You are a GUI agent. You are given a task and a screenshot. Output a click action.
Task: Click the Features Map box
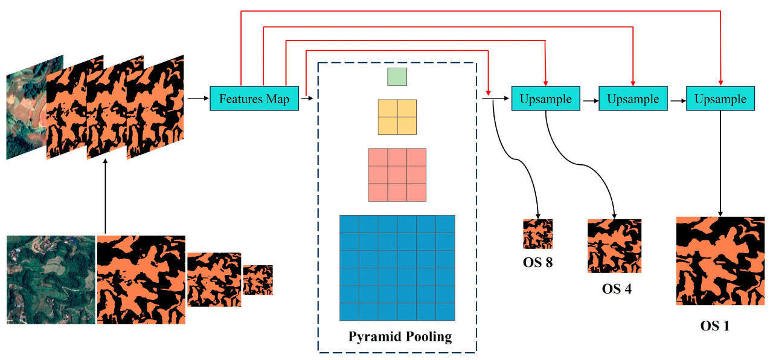pos(254,98)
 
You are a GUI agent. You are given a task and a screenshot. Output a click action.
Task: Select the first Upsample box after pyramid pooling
pos(545,98)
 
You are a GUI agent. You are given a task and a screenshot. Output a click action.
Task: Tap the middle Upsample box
pos(633,98)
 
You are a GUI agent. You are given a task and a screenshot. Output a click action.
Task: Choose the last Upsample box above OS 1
pos(720,98)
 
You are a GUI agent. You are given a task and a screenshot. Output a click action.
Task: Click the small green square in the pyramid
pos(397,77)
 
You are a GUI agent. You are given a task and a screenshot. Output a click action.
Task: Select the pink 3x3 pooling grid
pos(397,175)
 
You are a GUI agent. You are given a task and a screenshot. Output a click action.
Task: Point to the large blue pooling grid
pos(397,268)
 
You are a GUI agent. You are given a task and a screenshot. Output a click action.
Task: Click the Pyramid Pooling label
pos(400,336)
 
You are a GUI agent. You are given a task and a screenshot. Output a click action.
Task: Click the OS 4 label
pos(617,288)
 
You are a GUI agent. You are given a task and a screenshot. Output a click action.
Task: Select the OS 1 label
pos(714,326)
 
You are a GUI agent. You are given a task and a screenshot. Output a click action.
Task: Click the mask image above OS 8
pos(537,234)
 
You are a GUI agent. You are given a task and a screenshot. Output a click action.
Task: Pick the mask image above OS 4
pos(614,246)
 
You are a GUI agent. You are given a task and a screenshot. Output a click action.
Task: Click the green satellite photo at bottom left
pos(51,279)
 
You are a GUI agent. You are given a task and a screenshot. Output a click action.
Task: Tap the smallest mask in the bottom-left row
pos(258,280)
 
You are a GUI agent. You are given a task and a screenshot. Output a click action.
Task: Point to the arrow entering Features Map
pos(197,98)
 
